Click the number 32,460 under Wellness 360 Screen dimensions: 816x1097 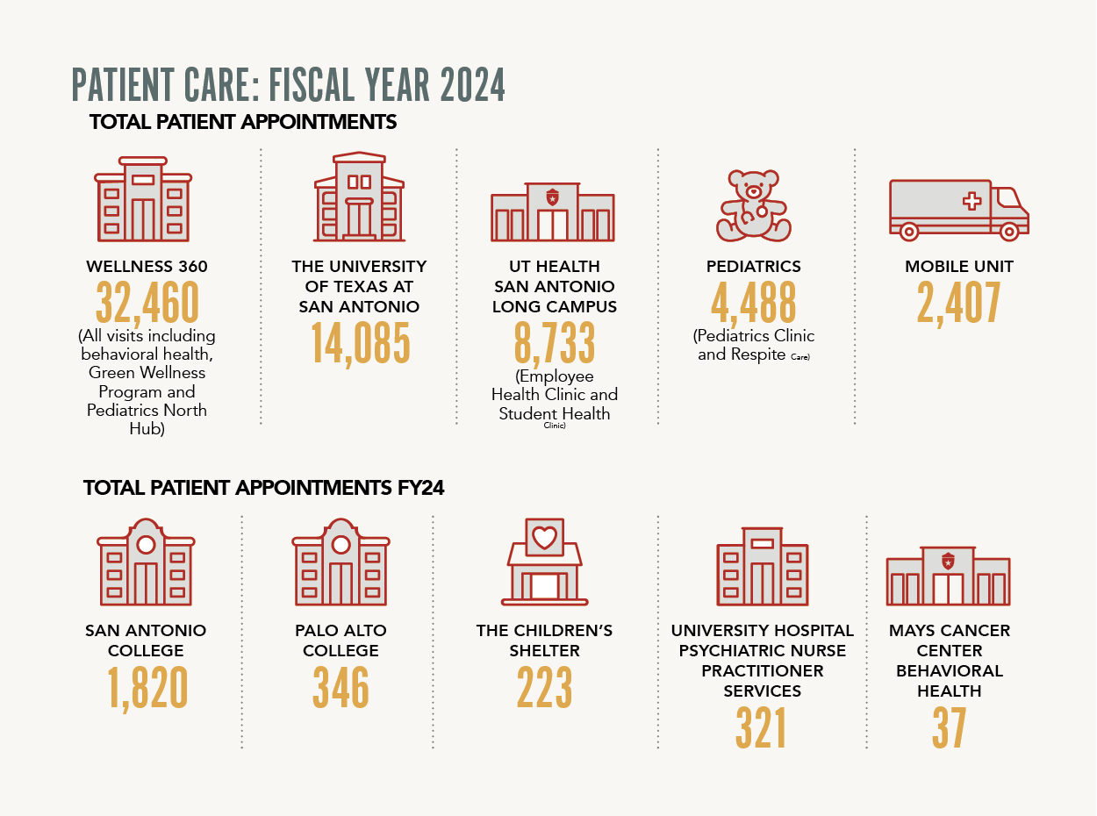tap(147, 304)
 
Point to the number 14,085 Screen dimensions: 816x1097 tap(360, 343)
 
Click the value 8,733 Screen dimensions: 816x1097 tap(555, 343)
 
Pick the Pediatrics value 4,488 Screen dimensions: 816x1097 tap(754, 304)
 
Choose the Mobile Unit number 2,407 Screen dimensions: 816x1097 tap(958, 304)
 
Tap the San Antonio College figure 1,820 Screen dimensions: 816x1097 tap(147, 688)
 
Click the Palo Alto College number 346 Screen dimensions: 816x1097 tap(341, 688)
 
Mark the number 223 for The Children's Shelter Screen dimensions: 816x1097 tap(544, 688)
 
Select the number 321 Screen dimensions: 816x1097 tap(761, 728)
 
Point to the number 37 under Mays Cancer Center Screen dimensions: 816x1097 tap(949, 728)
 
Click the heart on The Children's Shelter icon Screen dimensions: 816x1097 tap(545, 537)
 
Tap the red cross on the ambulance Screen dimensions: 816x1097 tap(972, 202)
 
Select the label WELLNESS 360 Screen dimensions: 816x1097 tap(147, 266)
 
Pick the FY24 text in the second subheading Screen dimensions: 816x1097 tap(419, 488)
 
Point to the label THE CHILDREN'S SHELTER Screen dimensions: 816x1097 tap(544, 641)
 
